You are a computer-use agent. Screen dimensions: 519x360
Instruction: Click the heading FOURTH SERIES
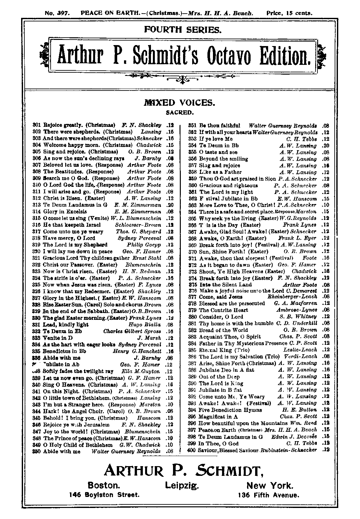pyautogui.click(x=183, y=30)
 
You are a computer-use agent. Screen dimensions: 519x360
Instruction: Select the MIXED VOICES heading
pyautogui.click(x=179, y=103)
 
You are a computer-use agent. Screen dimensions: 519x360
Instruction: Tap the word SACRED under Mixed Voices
pyautogui.click(x=180, y=113)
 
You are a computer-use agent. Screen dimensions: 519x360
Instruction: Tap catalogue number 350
pyautogui.click(x=37, y=452)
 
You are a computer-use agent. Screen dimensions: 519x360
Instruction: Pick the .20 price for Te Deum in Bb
pyautogui.click(x=325, y=146)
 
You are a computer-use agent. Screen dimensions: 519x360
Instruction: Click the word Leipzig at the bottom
pyautogui.click(x=182, y=485)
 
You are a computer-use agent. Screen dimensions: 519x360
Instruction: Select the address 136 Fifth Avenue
pyautogui.click(x=268, y=495)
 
